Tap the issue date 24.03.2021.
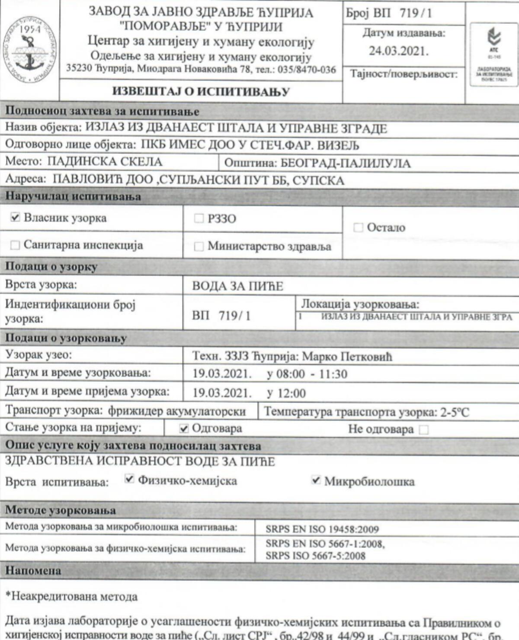pyautogui.click(x=398, y=51)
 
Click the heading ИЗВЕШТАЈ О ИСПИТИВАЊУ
pyautogui.click(x=201, y=92)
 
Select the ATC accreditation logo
pyautogui.click(x=493, y=55)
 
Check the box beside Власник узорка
pyautogui.click(x=15, y=218)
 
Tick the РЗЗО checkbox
pyautogui.click(x=199, y=219)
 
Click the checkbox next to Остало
pyautogui.click(x=358, y=228)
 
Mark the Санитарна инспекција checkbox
pyautogui.click(x=15, y=245)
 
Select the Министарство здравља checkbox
pyautogui.click(x=199, y=247)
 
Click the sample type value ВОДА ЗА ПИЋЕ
pyautogui.click(x=237, y=286)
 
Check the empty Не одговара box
pyautogui.click(x=424, y=430)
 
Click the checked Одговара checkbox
pyautogui.click(x=184, y=429)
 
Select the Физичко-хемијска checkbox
pyautogui.click(x=129, y=479)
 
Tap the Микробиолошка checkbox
pyautogui.click(x=316, y=480)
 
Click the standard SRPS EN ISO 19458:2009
pyautogui.click(x=322, y=529)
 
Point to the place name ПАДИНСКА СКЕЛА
pyautogui.click(x=105, y=162)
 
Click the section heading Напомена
pyautogui.click(x=33, y=571)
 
